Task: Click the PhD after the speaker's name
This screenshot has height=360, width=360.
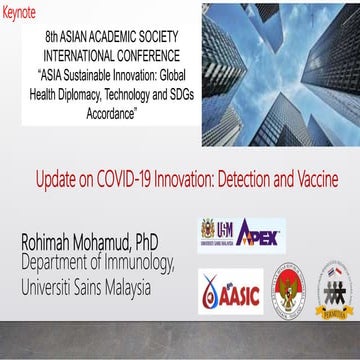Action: point(157,243)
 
